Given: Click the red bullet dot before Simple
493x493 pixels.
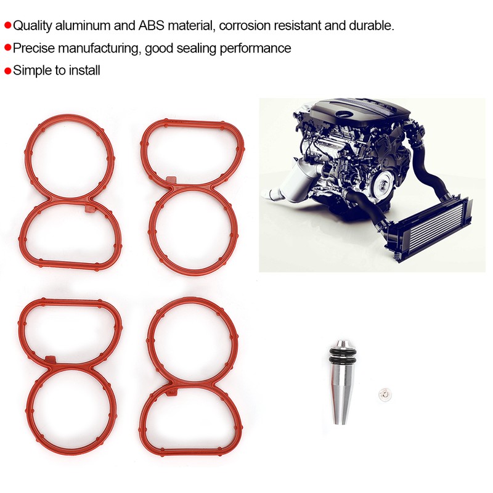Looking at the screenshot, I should click(7, 71).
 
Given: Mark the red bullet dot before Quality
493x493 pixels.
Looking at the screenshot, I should click(7, 26).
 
